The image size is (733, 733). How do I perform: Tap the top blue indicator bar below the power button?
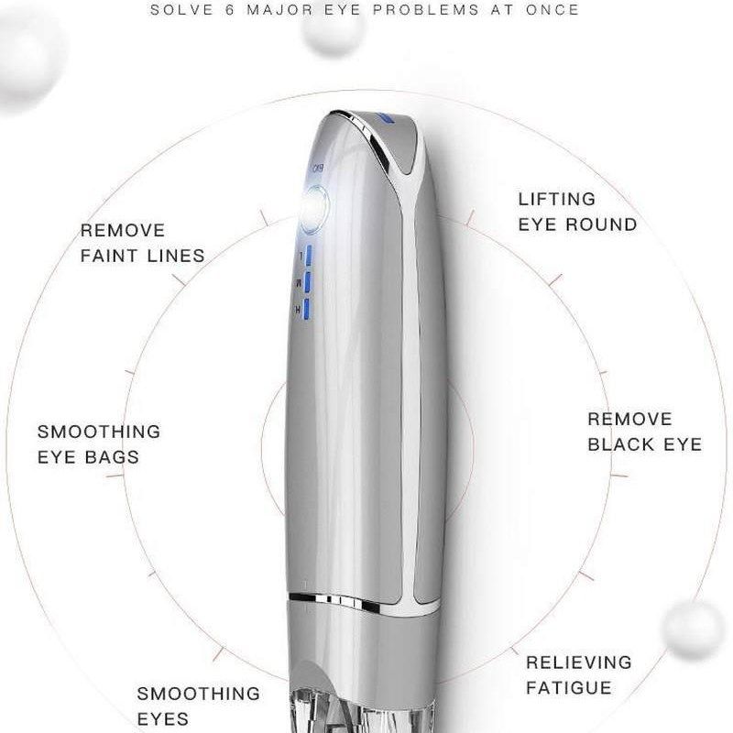coord(312,255)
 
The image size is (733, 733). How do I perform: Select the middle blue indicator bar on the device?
coord(312,281)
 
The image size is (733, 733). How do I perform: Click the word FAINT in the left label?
coord(110,256)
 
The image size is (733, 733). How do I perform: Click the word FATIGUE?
coord(568,687)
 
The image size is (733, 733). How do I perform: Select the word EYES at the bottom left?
coord(163,718)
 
